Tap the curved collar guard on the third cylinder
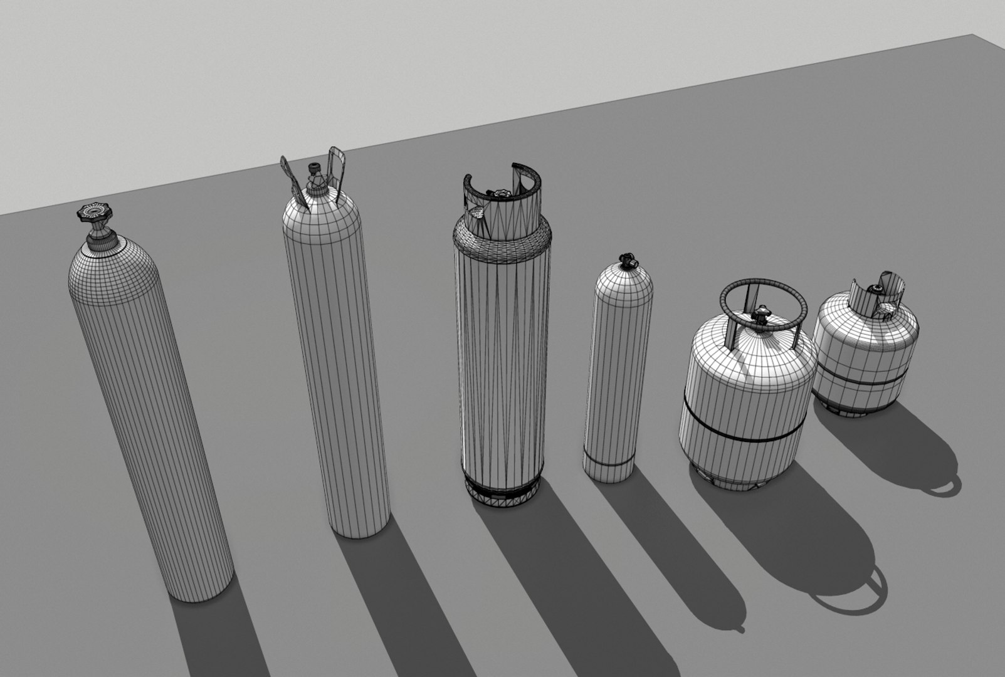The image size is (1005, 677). [x=502, y=188]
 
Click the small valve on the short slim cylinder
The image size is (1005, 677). [x=624, y=260]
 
